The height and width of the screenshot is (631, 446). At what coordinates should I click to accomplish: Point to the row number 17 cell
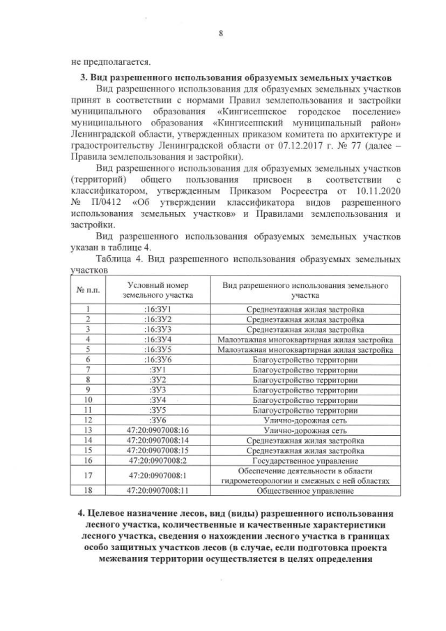87,476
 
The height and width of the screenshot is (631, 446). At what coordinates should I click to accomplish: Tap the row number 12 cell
87,420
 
